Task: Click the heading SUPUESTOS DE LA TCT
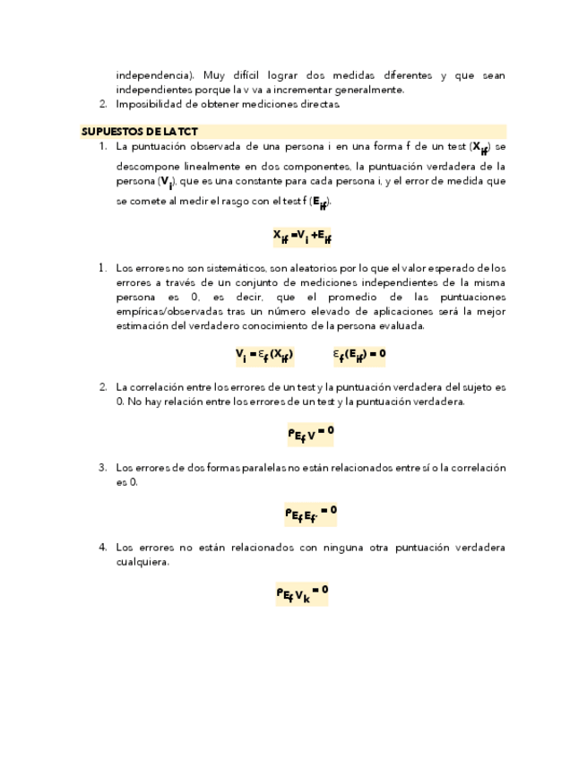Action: (140, 131)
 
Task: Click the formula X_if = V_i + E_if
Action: (303, 236)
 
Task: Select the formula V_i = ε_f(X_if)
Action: (264, 355)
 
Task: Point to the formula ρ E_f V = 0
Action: (310, 434)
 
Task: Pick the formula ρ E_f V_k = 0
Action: (302, 592)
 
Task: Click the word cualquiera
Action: (142, 562)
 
